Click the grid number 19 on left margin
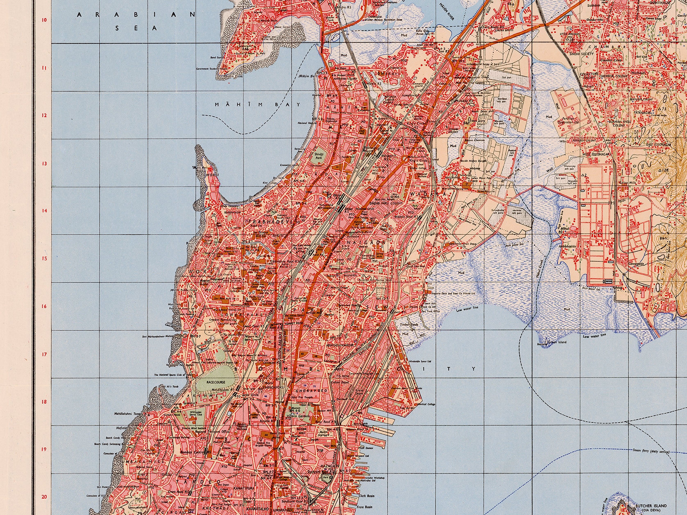tap(44, 449)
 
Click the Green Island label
tap(557, 342)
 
